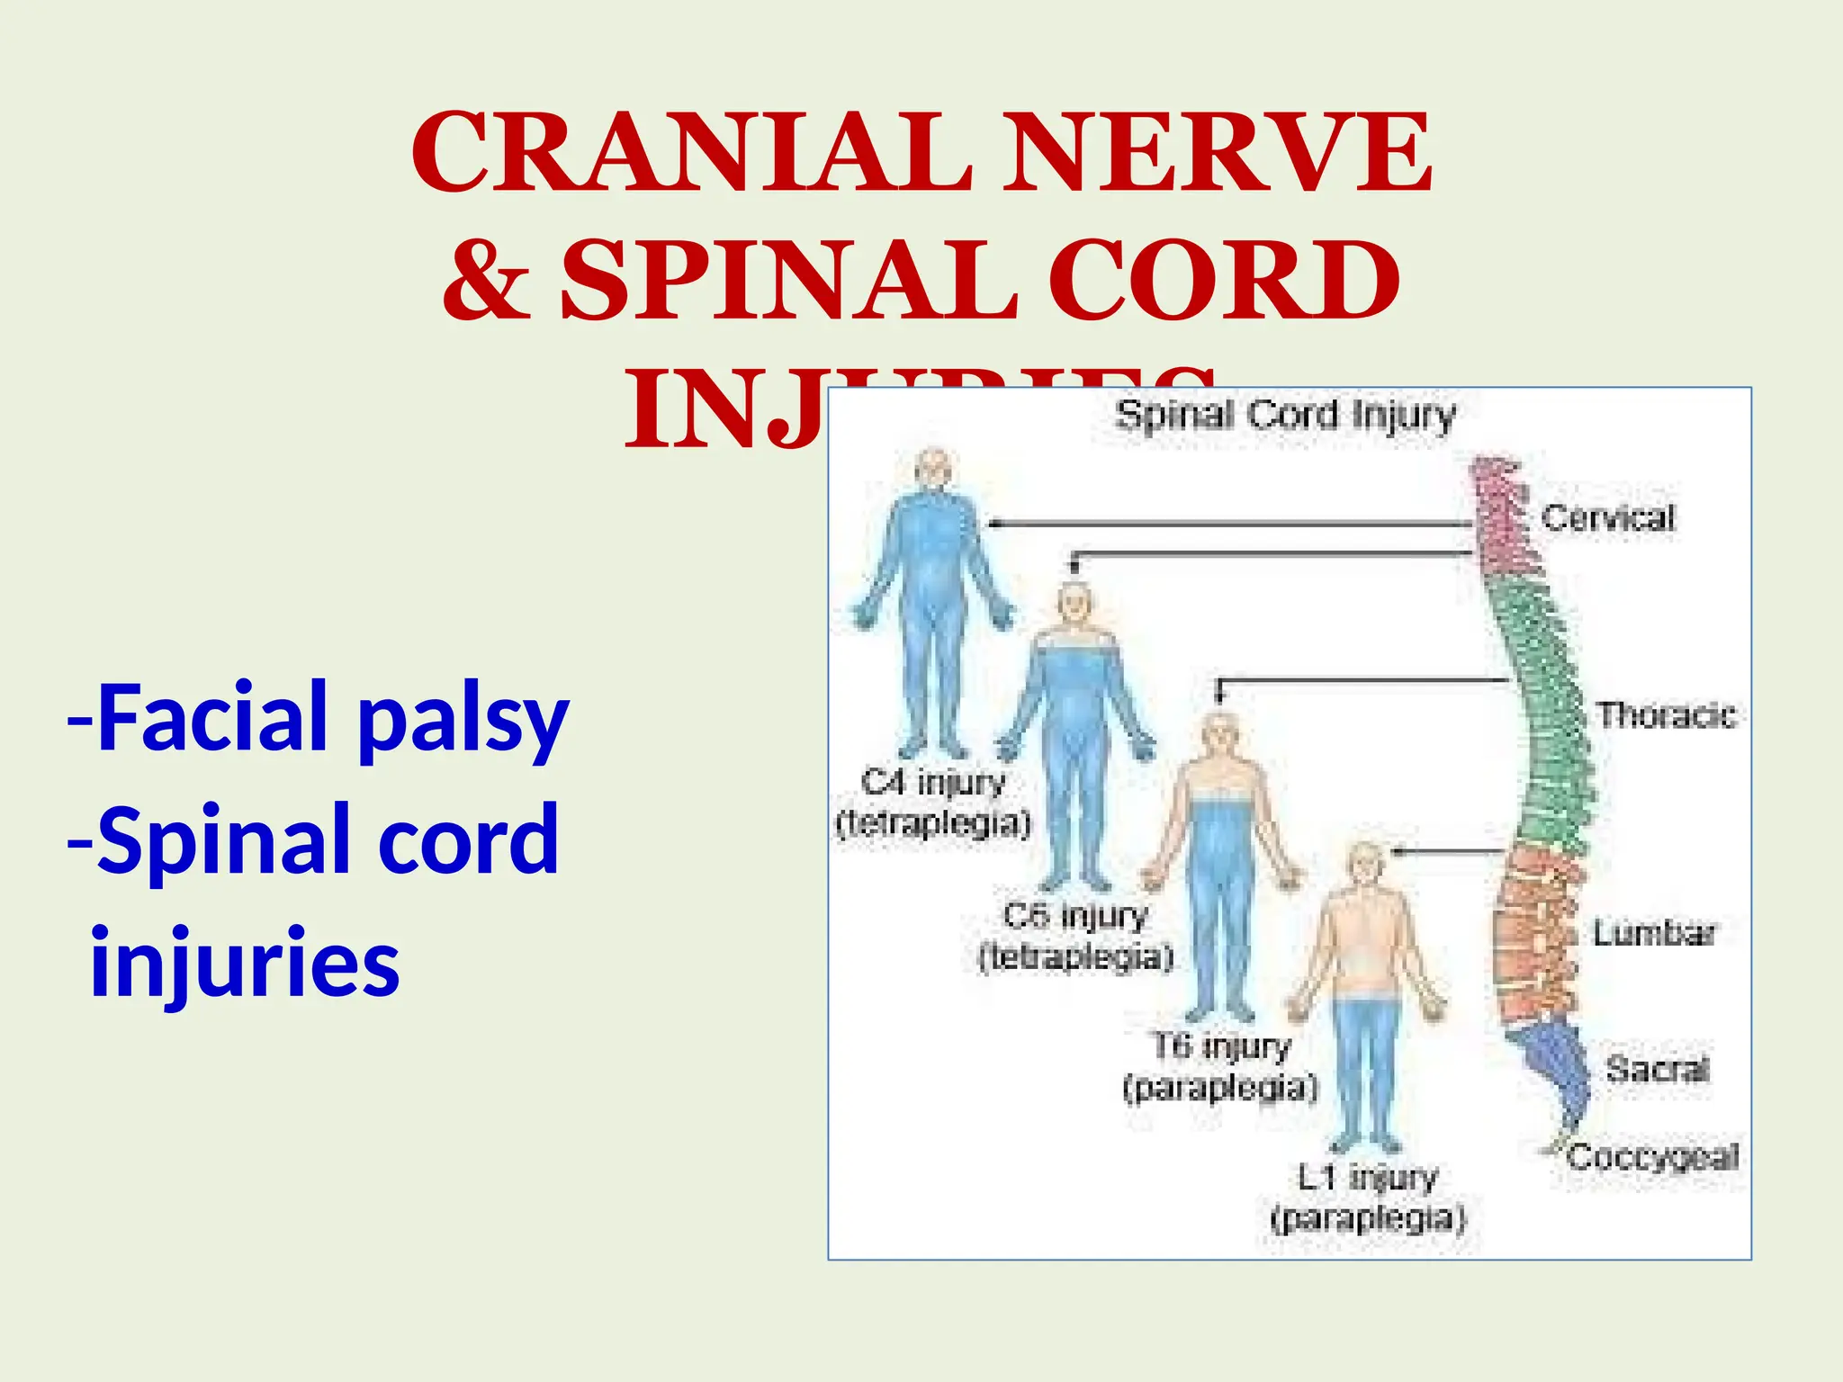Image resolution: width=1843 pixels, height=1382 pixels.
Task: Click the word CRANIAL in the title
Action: click(x=693, y=153)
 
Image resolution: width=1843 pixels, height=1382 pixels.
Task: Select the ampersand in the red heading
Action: click(x=486, y=281)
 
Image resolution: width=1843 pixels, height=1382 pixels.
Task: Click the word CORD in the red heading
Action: click(x=1224, y=281)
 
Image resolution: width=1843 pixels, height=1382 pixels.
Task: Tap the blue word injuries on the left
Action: click(x=245, y=963)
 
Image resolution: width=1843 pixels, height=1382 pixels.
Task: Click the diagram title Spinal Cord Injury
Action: click(x=1285, y=417)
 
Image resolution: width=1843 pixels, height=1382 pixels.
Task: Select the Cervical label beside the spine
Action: click(x=1608, y=518)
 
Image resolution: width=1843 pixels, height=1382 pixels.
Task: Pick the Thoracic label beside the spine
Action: click(x=1666, y=715)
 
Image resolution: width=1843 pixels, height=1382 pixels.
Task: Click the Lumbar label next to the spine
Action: click(x=1654, y=933)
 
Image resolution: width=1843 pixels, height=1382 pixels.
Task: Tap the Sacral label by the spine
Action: click(x=1657, y=1069)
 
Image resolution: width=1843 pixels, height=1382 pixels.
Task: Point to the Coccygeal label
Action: click(x=1652, y=1157)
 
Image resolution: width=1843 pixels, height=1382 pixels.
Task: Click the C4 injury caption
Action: click(x=933, y=783)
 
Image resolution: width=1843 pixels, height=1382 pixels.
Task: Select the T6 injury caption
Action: click(x=1221, y=1046)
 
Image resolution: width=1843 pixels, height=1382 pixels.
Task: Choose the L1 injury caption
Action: click(x=1368, y=1177)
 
